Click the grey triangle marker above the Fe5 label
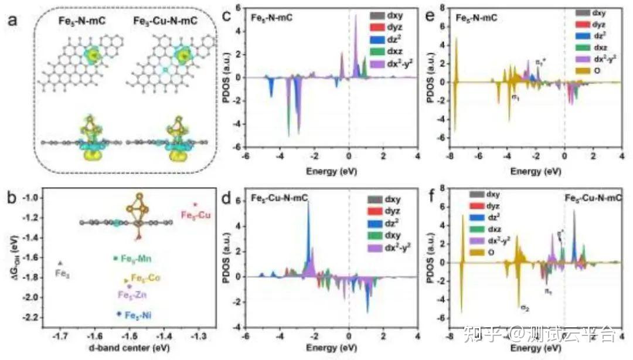60,263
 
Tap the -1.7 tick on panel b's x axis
60,337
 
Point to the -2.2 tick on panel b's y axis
32,317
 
